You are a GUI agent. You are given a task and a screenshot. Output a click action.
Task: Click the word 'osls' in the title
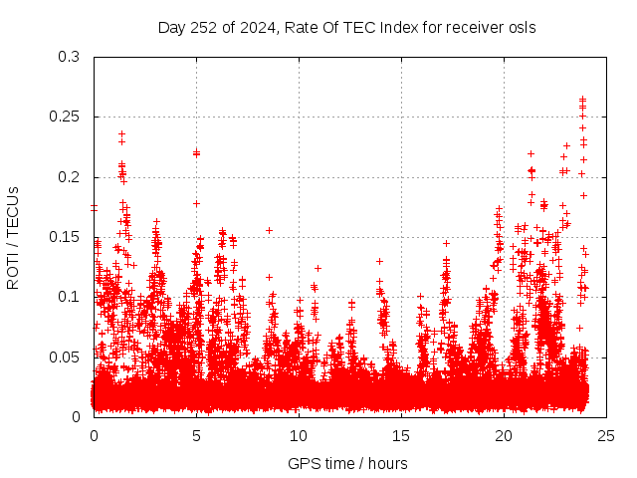click(522, 28)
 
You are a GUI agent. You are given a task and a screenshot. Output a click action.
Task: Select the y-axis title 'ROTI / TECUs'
click(13, 237)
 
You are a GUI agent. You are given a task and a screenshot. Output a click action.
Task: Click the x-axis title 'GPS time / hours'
click(347, 463)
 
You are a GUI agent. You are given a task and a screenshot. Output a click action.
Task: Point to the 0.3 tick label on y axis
click(69, 57)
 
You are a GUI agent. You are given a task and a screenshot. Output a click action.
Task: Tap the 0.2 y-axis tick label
click(69, 177)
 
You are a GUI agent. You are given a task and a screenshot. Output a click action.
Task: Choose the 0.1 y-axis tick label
click(69, 297)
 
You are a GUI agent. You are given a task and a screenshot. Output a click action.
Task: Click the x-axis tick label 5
click(197, 435)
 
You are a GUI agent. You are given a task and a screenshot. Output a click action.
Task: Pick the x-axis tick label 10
click(300, 435)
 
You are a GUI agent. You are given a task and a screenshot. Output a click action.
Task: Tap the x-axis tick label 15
click(402, 435)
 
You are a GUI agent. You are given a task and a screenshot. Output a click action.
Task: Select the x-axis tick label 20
click(505, 435)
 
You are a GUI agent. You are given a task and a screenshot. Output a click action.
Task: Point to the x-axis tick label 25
click(607, 435)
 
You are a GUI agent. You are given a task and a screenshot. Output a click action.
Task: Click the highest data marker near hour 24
click(583, 99)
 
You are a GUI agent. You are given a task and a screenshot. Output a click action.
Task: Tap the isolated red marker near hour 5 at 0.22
click(197, 152)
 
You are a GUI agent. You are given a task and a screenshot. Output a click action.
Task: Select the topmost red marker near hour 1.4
click(122, 133)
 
